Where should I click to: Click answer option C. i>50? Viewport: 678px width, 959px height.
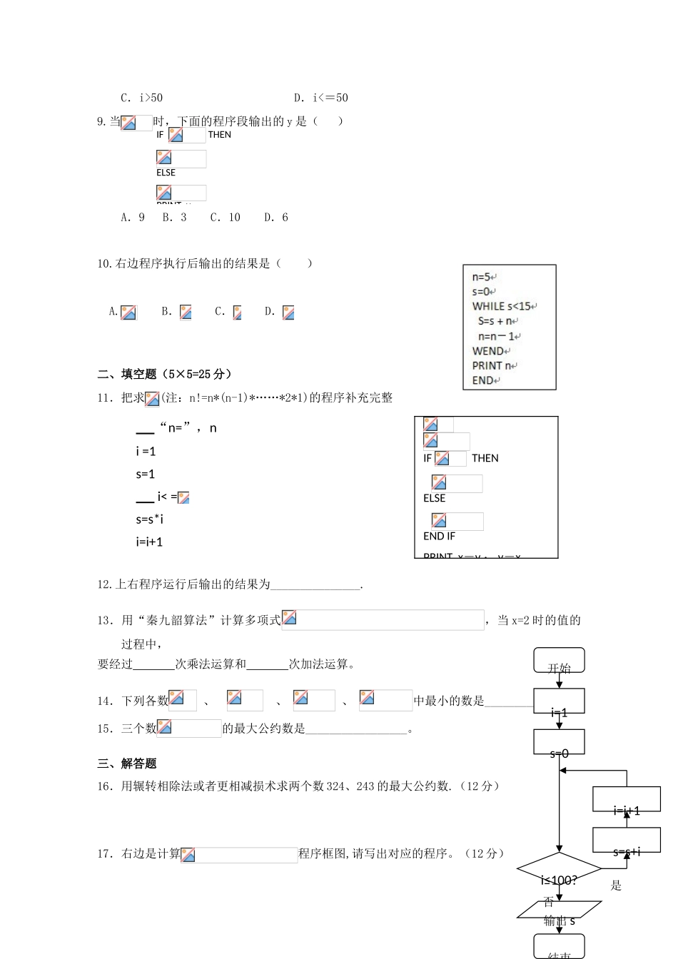141,98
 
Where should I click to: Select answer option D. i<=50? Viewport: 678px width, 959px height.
320,98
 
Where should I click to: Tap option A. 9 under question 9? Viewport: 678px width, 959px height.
133,217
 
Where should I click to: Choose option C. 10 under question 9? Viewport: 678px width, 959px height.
225,217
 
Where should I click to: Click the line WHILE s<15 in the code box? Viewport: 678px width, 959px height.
503,306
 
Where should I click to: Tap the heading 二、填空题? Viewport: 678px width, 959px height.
126,374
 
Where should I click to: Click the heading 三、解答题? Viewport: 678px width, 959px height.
126,763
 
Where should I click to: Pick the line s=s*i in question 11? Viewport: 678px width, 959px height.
149,519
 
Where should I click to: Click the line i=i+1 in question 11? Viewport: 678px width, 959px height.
149,542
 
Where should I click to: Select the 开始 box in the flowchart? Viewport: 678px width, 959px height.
559,661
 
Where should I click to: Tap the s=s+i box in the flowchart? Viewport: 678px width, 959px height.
627,841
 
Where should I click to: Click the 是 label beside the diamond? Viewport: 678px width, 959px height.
616,886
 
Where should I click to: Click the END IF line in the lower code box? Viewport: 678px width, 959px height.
439,536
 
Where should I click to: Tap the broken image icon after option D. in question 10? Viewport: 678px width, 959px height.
288,312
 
